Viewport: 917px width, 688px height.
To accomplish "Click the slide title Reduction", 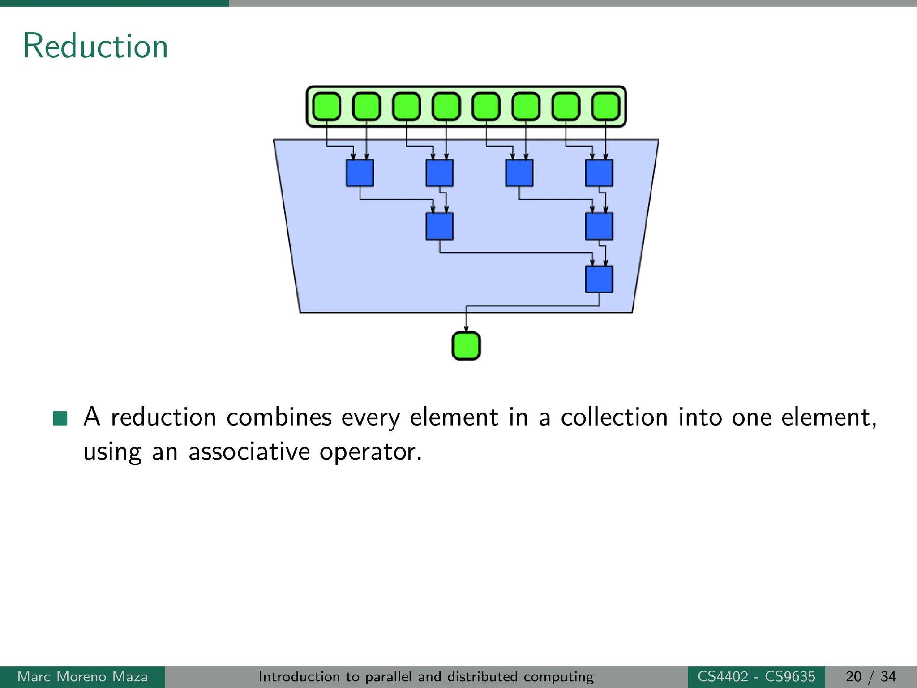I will tap(95, 46).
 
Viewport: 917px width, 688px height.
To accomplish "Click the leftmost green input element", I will tap(326, 107).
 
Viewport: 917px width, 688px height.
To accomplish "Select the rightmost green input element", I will tap(606, 107).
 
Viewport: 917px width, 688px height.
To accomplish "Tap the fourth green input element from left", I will tap(446, 107).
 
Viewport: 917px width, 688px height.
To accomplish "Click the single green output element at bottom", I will tap(466, 346).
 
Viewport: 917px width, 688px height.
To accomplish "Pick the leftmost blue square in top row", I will tap(360, 173).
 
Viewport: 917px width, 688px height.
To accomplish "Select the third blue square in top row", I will tap(519, 173).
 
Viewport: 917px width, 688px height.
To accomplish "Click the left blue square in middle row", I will tap(439, 226).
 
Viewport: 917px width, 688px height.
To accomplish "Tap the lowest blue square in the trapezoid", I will tap(599, 279).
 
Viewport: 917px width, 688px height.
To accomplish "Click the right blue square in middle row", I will tap(599, 226).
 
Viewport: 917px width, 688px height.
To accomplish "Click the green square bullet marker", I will tap(60, 418).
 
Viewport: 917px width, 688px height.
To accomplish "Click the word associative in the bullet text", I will tap(249, 451).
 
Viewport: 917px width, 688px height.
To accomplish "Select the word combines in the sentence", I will tap(279, 417).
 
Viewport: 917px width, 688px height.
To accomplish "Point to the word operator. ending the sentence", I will tap(370, 452).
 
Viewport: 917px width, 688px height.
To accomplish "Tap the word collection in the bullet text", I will tap(614, 417).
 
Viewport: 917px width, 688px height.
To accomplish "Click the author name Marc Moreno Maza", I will tap(82, 676).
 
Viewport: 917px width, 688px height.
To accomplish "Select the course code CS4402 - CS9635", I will tap(756, 676).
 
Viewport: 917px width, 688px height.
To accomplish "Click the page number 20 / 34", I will tap(870, 676).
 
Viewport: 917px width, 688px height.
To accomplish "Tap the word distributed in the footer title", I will tap(482, 676).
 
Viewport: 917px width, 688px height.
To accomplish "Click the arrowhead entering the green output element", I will tap(466, 329).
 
